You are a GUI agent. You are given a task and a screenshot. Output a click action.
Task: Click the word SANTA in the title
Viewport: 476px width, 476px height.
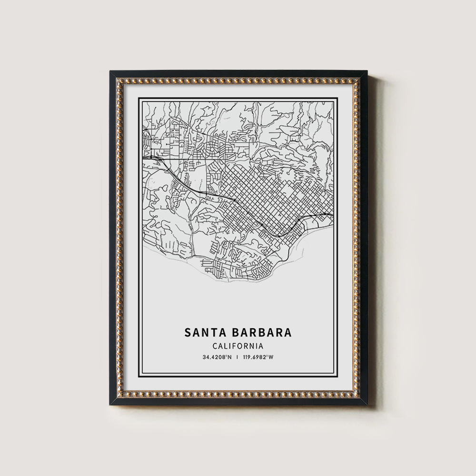click(202, 332)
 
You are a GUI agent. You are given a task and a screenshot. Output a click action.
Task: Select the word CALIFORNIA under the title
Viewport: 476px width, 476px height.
click(238, 347)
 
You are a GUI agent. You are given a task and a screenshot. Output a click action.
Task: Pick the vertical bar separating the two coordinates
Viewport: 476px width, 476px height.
click(238, 357)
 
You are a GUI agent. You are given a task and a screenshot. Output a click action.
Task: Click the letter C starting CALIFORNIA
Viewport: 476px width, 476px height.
click(215, 347)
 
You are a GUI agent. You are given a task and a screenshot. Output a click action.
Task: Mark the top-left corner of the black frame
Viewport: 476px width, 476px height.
click(110, 71)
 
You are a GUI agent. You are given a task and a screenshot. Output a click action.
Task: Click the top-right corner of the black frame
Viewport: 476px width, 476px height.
click(367, 71)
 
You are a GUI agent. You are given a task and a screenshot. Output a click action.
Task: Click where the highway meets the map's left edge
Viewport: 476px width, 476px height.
click(144, 157)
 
